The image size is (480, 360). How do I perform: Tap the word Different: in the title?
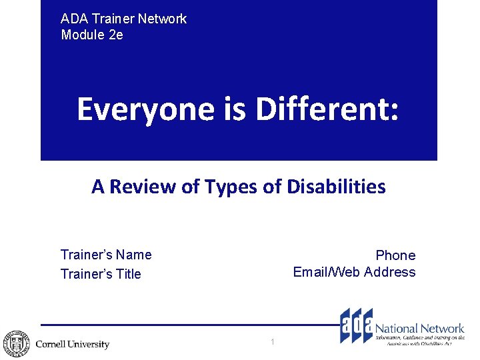click(x=327, y=109)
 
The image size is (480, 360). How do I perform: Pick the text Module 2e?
click(x=92, y=35)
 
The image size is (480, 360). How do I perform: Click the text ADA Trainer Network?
click(x=123, y=19)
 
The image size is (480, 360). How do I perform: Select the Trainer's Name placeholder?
click(x=106, y=255)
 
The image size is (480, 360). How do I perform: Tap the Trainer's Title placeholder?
click(x=101, y=274)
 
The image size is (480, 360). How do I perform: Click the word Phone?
click(x=395, y=255)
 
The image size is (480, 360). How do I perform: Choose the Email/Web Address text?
click(x=354, y=272)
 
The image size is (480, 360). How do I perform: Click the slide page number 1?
click(x=273, y=342)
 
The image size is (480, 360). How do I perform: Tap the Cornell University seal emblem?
click(x=15, y=344)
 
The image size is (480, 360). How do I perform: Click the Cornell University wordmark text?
click(x=72, y=345)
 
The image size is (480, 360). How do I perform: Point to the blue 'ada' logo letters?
click(x=356, y=325)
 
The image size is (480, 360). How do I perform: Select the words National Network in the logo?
click(x=419, y=328)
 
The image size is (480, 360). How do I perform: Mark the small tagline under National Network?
click(x=420, y=341)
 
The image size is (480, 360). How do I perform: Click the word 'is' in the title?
click(x=235, y=109)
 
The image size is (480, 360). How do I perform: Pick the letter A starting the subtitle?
click(x=98, y=187)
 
